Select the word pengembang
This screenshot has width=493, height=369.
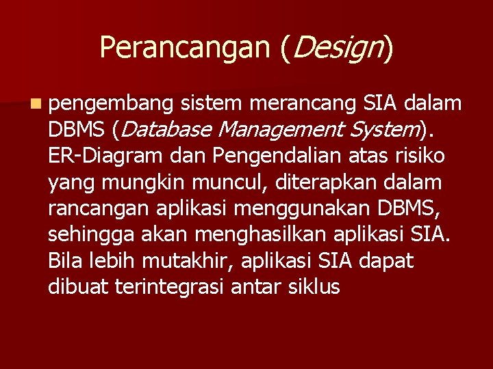tap(112, 104)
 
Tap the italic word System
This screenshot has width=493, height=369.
tap(386, 129)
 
